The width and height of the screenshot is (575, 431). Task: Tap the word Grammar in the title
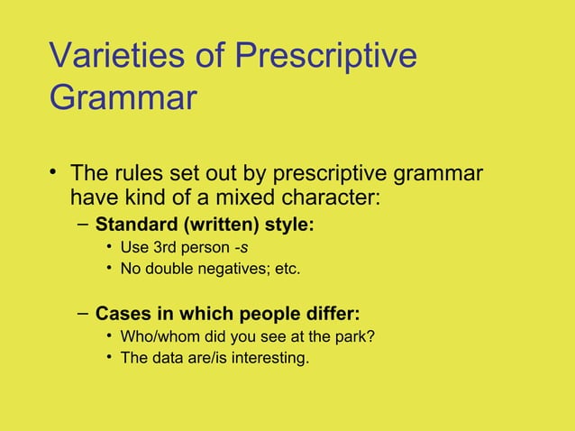[x=123, y=97]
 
